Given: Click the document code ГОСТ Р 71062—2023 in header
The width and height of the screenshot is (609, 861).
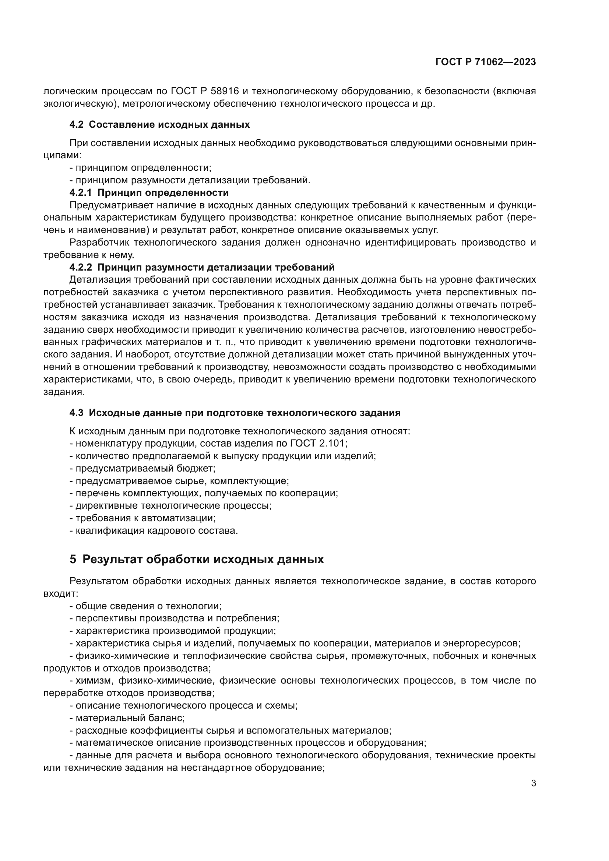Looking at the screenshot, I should point(486,62).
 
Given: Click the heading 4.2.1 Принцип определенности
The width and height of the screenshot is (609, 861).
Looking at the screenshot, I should point(149,193).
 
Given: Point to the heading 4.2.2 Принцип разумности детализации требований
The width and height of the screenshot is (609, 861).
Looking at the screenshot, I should point(202,267).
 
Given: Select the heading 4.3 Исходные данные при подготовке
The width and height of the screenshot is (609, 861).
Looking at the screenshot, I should point(235,413).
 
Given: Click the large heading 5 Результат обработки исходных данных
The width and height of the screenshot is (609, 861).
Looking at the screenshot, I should point(197,560).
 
